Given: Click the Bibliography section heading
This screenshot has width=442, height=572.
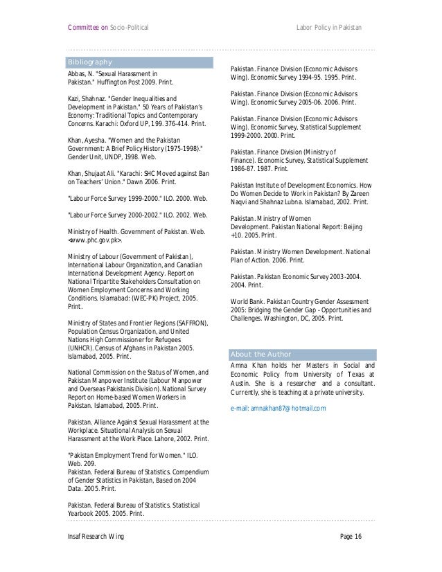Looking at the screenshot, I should point(89,62).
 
